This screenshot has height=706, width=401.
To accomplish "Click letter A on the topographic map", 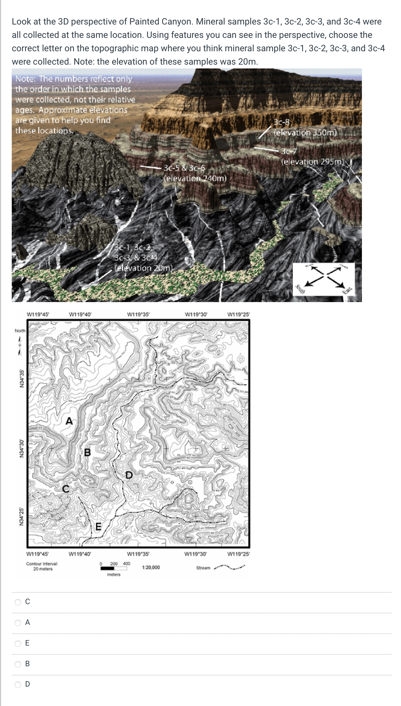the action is tap(69, 421).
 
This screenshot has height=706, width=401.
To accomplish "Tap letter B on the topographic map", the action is tap(87, 452).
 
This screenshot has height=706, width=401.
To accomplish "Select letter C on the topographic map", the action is tap(65, 489).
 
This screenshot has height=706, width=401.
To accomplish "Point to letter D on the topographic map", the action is tap(128, 475).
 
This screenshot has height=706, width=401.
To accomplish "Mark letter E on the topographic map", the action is tap(99, 527).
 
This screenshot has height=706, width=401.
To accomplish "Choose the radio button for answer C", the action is tap(18, 602).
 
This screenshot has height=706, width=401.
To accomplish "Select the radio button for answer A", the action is tap(18, 623).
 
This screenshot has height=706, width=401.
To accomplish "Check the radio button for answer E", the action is tap(18, 643).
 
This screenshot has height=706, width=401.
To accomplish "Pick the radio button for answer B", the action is tap(18, 664).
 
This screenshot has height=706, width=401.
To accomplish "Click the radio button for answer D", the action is tap(18, 684).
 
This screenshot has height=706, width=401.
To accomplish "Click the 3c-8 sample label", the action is tap(282, 122).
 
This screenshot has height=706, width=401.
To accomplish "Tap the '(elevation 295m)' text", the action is tap(313, 162).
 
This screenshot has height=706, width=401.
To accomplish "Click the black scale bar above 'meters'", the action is tap(107, 568).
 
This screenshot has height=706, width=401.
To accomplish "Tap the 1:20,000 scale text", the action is tap(151, 567).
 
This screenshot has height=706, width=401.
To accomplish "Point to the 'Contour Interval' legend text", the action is tap(42, 564).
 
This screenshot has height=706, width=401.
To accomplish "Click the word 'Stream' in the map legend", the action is tap(203, 568).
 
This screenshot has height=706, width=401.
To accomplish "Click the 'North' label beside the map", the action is tap(20, 331).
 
